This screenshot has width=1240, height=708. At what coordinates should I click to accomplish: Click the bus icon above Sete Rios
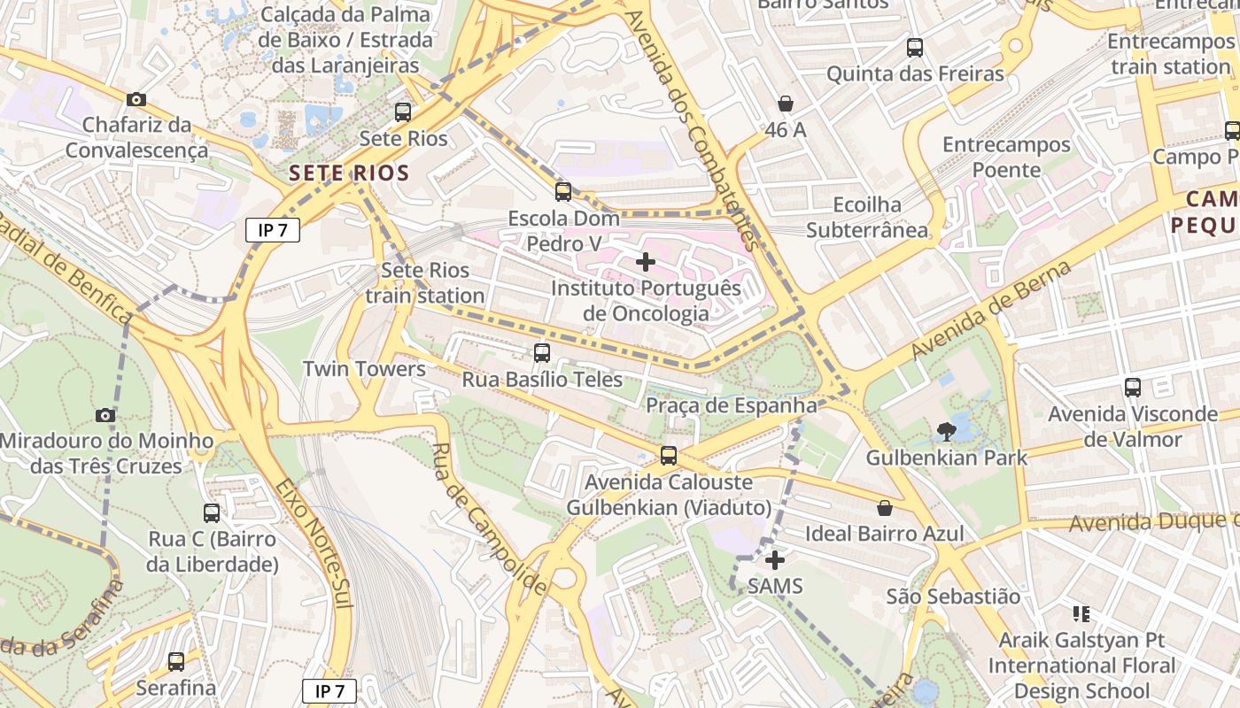click(403, 112)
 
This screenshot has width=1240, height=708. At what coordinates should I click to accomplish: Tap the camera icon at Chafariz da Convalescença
click(136, 99)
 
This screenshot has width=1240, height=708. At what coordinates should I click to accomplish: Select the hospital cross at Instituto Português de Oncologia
click(646, 262)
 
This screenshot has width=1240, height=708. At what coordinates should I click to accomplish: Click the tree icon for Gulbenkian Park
click(946, 432)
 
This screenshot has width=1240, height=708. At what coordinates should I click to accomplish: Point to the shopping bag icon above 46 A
click(785, 104)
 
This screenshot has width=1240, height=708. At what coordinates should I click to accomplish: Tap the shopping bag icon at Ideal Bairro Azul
click(884, 508)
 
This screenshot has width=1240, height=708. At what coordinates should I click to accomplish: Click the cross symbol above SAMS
click(775, 560)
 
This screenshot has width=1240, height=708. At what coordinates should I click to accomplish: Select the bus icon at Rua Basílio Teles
click(542, 353)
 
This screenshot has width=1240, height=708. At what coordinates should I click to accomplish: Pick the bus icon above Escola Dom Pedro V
click(563, 192)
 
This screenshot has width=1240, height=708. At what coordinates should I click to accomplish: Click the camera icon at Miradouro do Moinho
click(105, 415)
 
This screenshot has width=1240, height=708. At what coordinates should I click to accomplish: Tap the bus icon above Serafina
click(176, 661)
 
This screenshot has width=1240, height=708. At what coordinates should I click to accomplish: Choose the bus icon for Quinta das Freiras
click(915, 48)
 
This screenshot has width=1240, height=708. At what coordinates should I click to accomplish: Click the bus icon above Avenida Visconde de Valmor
click(1133, 387)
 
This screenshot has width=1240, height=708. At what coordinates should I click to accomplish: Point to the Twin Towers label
click(364, 369)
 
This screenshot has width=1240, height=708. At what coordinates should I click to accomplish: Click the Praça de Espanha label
click(732, 405)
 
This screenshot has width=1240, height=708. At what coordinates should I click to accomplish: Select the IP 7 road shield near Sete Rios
click(273, 231)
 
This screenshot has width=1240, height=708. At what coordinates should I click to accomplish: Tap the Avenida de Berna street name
click(991, 309)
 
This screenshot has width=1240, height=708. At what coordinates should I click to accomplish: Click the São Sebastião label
click(953, 596)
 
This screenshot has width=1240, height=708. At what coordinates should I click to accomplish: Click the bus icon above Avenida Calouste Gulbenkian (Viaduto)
click(669, 456)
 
